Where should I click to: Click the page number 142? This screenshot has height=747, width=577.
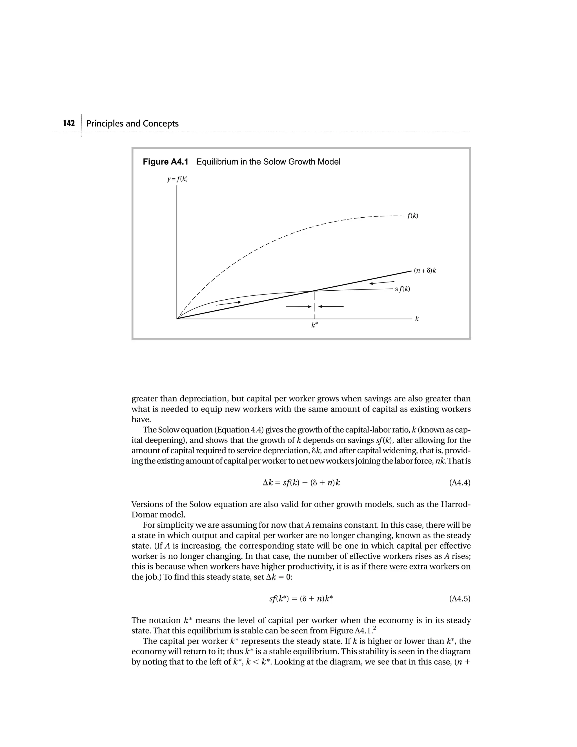pos(69,123)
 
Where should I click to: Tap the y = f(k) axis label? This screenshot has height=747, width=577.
pos(177,179)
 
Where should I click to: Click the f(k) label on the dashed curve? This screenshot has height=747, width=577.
pos(412,216)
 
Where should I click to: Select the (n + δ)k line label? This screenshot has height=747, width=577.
pos(425,271)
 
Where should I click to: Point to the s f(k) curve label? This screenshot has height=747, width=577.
pos(402,289)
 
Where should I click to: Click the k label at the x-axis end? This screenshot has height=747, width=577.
pos(417,319)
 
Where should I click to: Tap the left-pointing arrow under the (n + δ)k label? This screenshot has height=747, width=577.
pos(381,282)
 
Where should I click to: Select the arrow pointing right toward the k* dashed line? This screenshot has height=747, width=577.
pos(298,307)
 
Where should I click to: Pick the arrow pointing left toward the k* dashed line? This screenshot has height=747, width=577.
pos(331,307)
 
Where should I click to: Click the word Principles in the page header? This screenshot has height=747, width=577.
pos(105,123)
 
